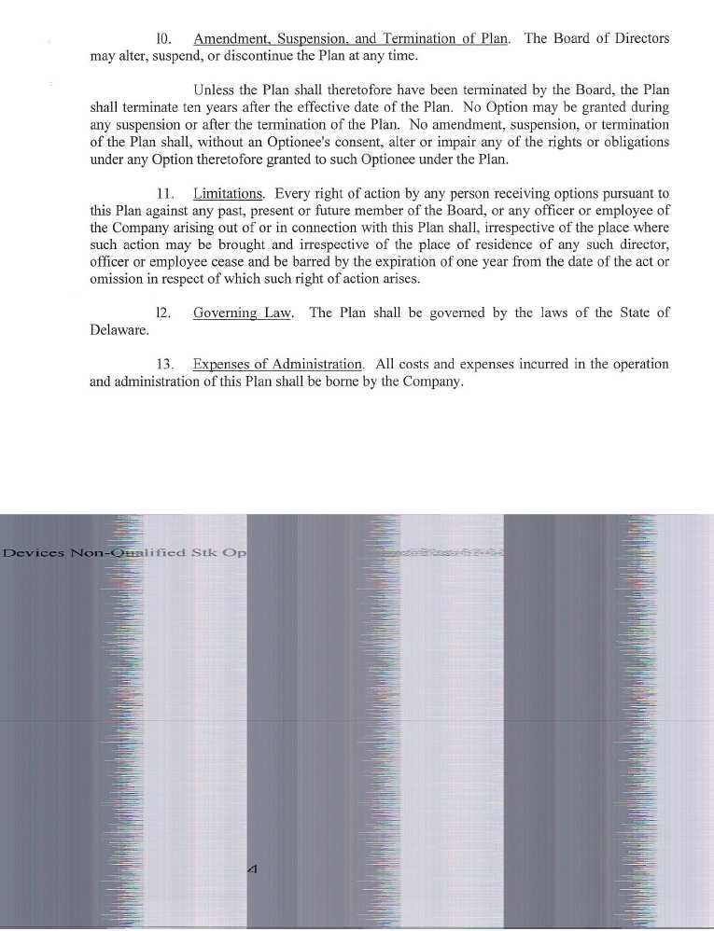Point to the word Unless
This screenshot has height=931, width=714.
point(215,90)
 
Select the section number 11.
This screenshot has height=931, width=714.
point(166,194)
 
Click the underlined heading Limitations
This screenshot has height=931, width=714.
point(228,194)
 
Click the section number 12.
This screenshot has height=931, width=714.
point(163,313)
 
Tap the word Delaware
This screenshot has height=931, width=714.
point(119,331)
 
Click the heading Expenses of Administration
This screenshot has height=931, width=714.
point(277,365)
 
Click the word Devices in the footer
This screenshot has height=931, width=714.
point(34,552)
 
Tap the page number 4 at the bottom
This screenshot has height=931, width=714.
point(252,868)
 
